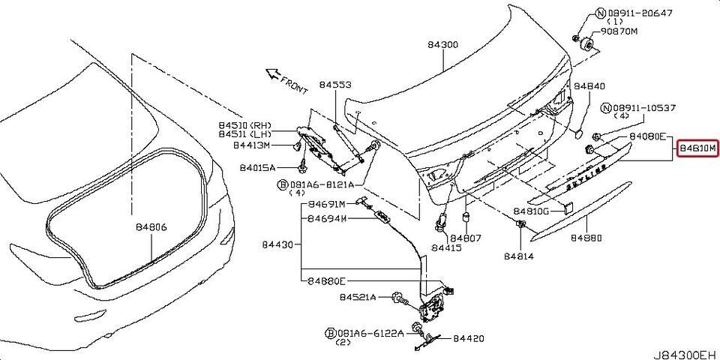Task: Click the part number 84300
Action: (x=443, y=45)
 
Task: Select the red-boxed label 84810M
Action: (x=698, y=148)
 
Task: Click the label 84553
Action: (x=334, y=85)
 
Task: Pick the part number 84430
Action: (x=278, y=244)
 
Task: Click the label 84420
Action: (x=469, y=340)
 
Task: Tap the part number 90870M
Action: (x=618, y=31)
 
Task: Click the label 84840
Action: (x=589, y=86)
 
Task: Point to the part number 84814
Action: (x=520, y=256)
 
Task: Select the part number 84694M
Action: (x=327, y=220)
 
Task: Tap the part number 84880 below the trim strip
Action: (x=586, y=238)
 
